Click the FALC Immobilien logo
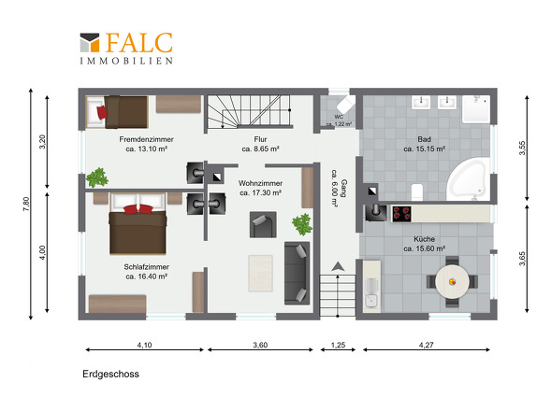(126, 49)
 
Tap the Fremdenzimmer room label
(146, 139)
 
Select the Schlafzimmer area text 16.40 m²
(146, 276)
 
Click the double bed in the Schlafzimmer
(138, 223)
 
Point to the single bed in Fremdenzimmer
(117, 112)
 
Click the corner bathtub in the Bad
(469, 179)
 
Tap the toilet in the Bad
(417, 192)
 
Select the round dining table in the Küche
(452, 281)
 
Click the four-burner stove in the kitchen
(401, 214)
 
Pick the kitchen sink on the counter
(371, 301)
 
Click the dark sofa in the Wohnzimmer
(298, 273)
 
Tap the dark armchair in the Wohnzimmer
(263, 225)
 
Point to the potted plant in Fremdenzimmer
(97, 177)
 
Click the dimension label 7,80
(26, 204)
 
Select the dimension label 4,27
(426, 345)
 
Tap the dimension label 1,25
(338, 345)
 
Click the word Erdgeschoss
(111, 374)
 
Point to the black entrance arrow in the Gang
(338, 266)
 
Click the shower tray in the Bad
(476, 109)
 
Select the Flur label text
(260, 139)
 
